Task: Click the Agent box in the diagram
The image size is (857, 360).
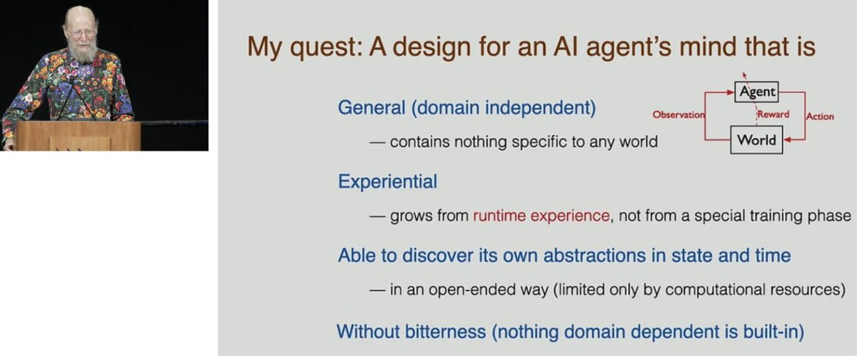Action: click(x=757, y=92)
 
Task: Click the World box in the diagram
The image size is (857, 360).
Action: click(x=756, y=140)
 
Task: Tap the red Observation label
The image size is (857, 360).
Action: click(x=678, y=115)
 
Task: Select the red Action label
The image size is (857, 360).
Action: click(x=819, y=116)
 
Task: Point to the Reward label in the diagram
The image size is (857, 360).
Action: click(x=773, y=114)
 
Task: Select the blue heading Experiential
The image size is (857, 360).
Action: click(x=387, y=181)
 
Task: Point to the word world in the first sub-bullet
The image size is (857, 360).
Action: click(x=638, y=141)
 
